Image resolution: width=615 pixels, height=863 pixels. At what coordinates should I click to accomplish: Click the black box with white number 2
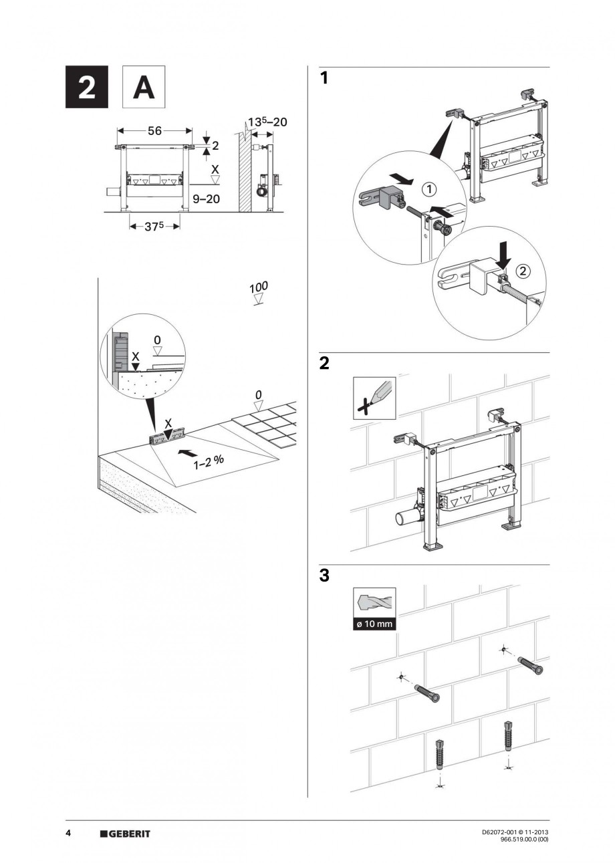pyautogui.click(x=87, y=87)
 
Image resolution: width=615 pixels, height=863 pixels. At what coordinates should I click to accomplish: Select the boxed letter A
pyautogui.click(x=144, y=87)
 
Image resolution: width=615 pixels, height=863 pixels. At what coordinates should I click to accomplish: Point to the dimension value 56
pyautogui.click(x=154, y=132)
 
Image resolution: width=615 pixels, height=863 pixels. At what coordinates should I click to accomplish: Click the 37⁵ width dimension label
pyautogui.click(x=154, y=226)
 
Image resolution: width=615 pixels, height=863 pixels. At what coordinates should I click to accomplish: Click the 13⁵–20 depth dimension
pyautogui.click(x=268, y=122)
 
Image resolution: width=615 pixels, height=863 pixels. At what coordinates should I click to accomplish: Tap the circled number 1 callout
pyautogui.click(x=428, y=189)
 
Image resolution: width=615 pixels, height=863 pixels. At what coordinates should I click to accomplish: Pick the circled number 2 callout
pyautogui.click(x=523, y=270)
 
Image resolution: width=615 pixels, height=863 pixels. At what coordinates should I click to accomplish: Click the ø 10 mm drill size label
pyautogui.click(x=374, y=625)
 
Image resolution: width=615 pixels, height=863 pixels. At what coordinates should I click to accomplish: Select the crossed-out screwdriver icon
pyautogui.click(x=374, y=398)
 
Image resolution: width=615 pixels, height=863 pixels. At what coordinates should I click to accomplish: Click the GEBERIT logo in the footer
pyautogui.click(x=125, y=834)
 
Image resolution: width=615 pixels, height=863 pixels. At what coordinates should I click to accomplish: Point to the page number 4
pyautogui.click(x=68, y=834)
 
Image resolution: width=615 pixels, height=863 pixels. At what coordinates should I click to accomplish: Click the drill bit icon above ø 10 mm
pyautogui.click(x=374, y=603)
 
